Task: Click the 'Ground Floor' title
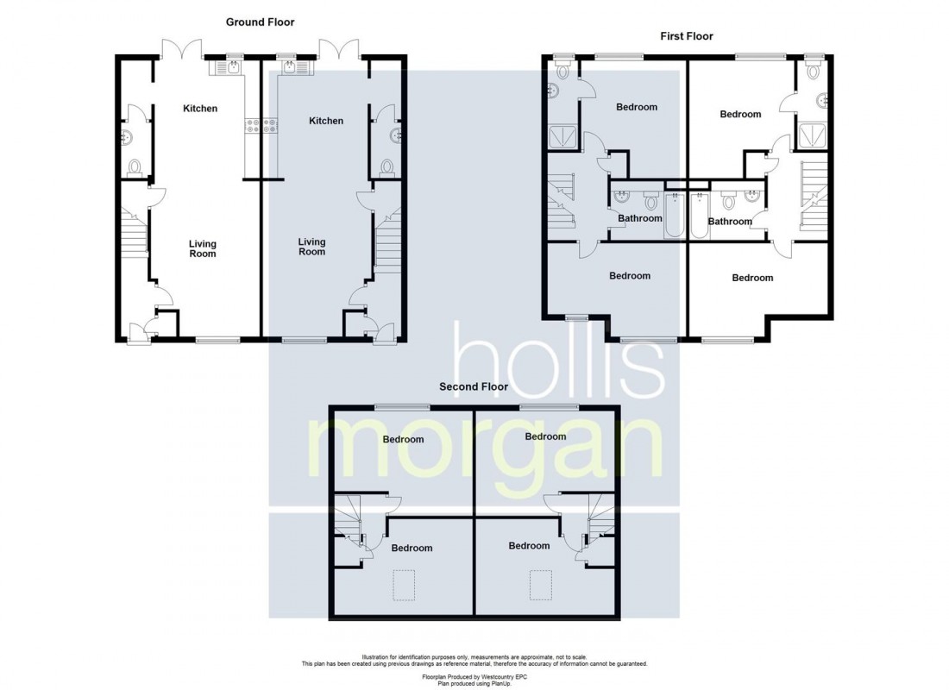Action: [261, 22]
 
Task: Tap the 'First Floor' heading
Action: [687, 36]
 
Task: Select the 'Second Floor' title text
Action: [474, 386]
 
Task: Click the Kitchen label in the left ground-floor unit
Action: [200, 109]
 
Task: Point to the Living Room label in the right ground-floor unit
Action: [311, 247]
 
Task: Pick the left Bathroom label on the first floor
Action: [640, 218]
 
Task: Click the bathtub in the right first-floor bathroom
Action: [699, 216]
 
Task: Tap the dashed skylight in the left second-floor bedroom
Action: [405, 585]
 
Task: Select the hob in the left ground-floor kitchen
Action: [252, 126]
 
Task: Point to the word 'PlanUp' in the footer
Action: [500, 683]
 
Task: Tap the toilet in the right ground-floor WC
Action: [387, 166]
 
